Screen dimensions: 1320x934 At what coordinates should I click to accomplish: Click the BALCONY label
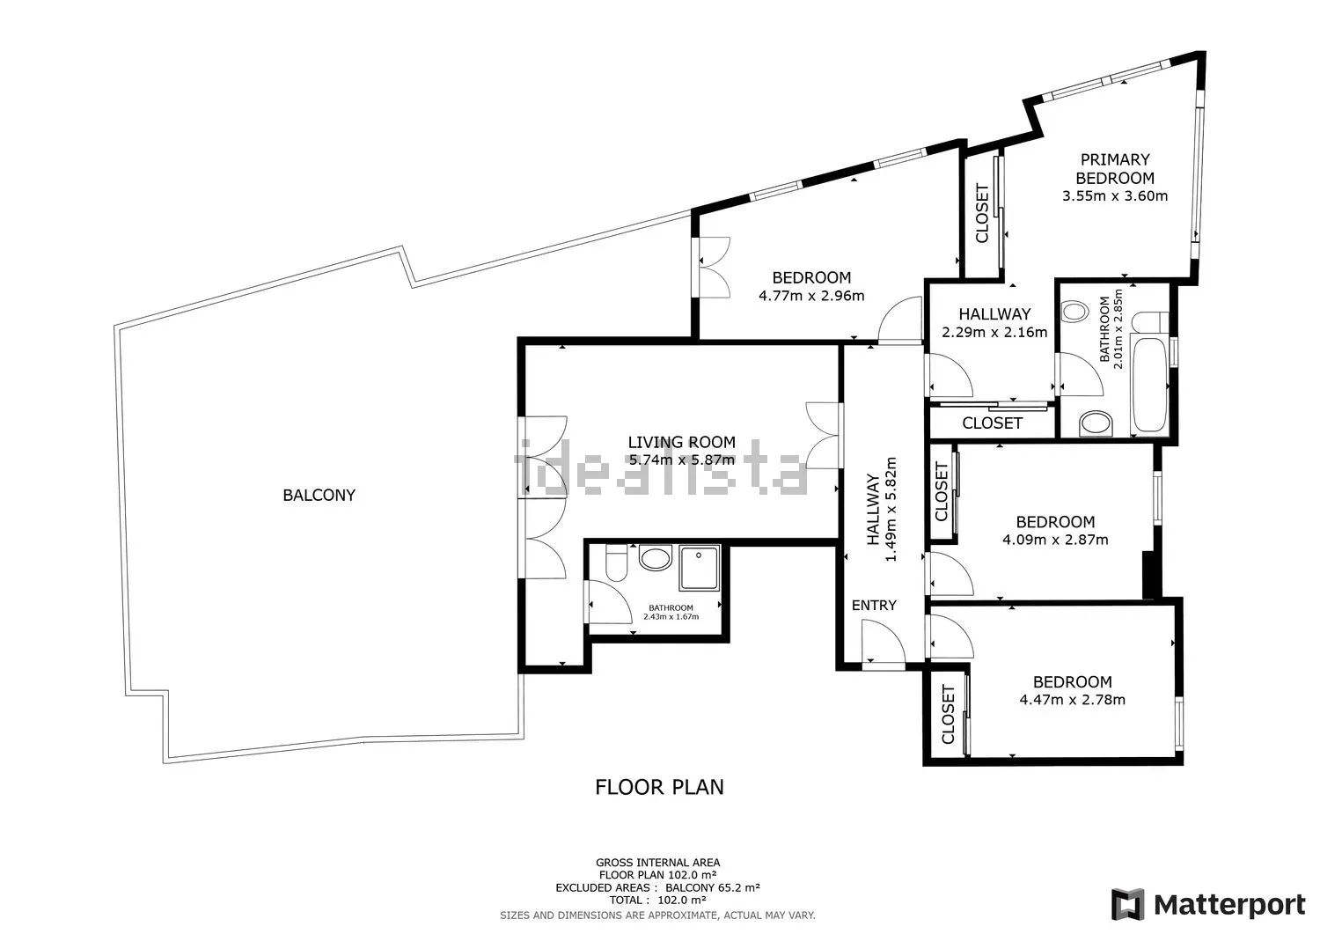coord(319,496)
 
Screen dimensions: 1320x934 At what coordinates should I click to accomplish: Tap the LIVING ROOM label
coord(682,442)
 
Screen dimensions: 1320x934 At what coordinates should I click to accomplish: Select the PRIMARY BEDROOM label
coord(1115,169)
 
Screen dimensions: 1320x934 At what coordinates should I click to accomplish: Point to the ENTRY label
coord(874,605)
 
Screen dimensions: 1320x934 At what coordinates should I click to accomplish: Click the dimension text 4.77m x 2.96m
coord(811,296)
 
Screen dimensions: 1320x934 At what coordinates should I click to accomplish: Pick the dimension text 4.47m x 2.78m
coord(1073,699)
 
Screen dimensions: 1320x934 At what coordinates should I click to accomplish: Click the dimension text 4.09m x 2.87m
coord(1055,540)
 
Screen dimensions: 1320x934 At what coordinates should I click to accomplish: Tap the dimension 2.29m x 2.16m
coord(994,332)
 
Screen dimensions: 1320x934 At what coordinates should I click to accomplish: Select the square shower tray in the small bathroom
coord(700,568)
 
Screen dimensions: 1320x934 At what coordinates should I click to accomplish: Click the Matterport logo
coord(1208,905)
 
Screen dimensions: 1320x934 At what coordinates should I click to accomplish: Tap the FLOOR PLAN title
coord(659,787)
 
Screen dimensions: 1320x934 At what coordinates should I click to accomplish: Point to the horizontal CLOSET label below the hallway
coord(993,423)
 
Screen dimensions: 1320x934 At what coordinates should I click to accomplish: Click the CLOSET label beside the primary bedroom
coord(982,213)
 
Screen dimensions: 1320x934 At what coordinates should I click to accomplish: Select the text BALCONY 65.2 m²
coord(713,887)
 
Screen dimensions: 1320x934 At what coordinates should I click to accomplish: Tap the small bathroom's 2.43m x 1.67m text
coord(671,617)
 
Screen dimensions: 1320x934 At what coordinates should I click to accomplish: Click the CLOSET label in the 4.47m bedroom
coord(948,714)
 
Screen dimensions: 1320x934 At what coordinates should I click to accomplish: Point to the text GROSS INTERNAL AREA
coord(657,863)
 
